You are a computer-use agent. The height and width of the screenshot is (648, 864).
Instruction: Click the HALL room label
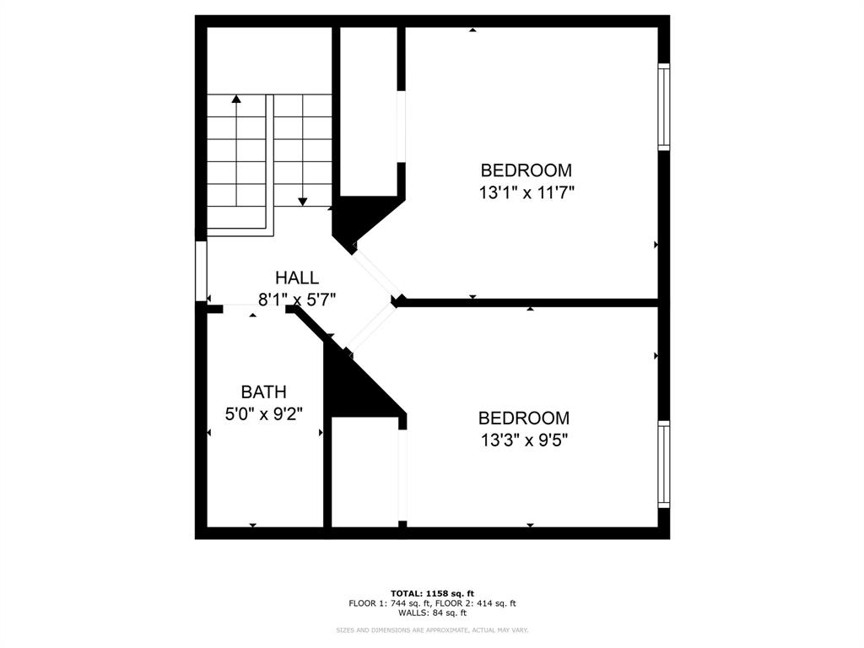tap(297, 278)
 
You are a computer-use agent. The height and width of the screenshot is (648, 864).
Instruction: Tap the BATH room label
tap(263, 391)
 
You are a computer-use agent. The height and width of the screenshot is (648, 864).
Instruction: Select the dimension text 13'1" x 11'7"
tap(526, 192)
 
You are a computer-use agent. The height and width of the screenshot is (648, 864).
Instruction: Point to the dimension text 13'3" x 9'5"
tap(524, 440)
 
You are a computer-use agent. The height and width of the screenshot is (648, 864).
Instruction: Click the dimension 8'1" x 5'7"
tap(297, 298)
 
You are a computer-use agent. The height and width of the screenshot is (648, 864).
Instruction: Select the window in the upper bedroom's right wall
tap(664, 107)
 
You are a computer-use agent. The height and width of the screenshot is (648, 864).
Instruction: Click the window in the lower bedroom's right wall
tap(664, 464)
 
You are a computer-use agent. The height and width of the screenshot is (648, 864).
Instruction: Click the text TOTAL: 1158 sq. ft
tap(431, 593)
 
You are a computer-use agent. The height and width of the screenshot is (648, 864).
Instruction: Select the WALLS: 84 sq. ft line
tap(431, 613)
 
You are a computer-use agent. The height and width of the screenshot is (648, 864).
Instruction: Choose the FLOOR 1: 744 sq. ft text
tap(391, 603)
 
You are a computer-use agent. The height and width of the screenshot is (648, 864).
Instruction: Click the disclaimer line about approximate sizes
tap(431, 629)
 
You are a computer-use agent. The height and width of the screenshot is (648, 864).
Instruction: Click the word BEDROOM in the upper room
tap(526, 170)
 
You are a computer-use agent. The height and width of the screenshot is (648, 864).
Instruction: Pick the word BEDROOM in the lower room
tap(523, 418)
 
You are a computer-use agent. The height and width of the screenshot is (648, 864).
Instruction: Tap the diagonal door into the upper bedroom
tap(374, 272)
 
